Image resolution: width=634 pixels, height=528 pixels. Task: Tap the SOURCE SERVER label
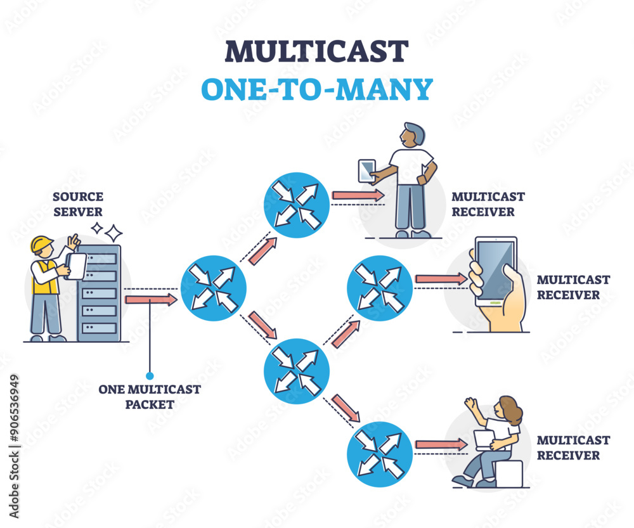tap(78, 203)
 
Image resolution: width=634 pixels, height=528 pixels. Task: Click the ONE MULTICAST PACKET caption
tap(150, 396)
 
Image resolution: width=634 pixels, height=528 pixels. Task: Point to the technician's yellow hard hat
tap(42, 244)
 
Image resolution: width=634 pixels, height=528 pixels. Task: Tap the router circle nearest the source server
tap(213, 288)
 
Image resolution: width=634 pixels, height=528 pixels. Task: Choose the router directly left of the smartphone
tap(379, 288)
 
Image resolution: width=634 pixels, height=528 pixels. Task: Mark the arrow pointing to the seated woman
tap(441, 444)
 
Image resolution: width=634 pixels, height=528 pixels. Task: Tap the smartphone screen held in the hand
tap(495, 270)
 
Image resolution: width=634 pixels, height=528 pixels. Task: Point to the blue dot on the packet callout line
tap(150, 375)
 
